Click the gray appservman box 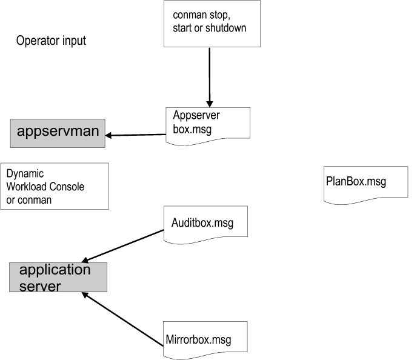[58, 133]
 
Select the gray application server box [58, 278]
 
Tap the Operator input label [51, 41]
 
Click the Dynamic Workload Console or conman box [55, 186]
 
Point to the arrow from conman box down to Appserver [210, 76]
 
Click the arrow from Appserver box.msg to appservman [136, 135]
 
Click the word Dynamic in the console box [25, 174]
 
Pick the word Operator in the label [35, 41]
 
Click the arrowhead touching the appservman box [110, 135]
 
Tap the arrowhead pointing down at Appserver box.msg [210, 103]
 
